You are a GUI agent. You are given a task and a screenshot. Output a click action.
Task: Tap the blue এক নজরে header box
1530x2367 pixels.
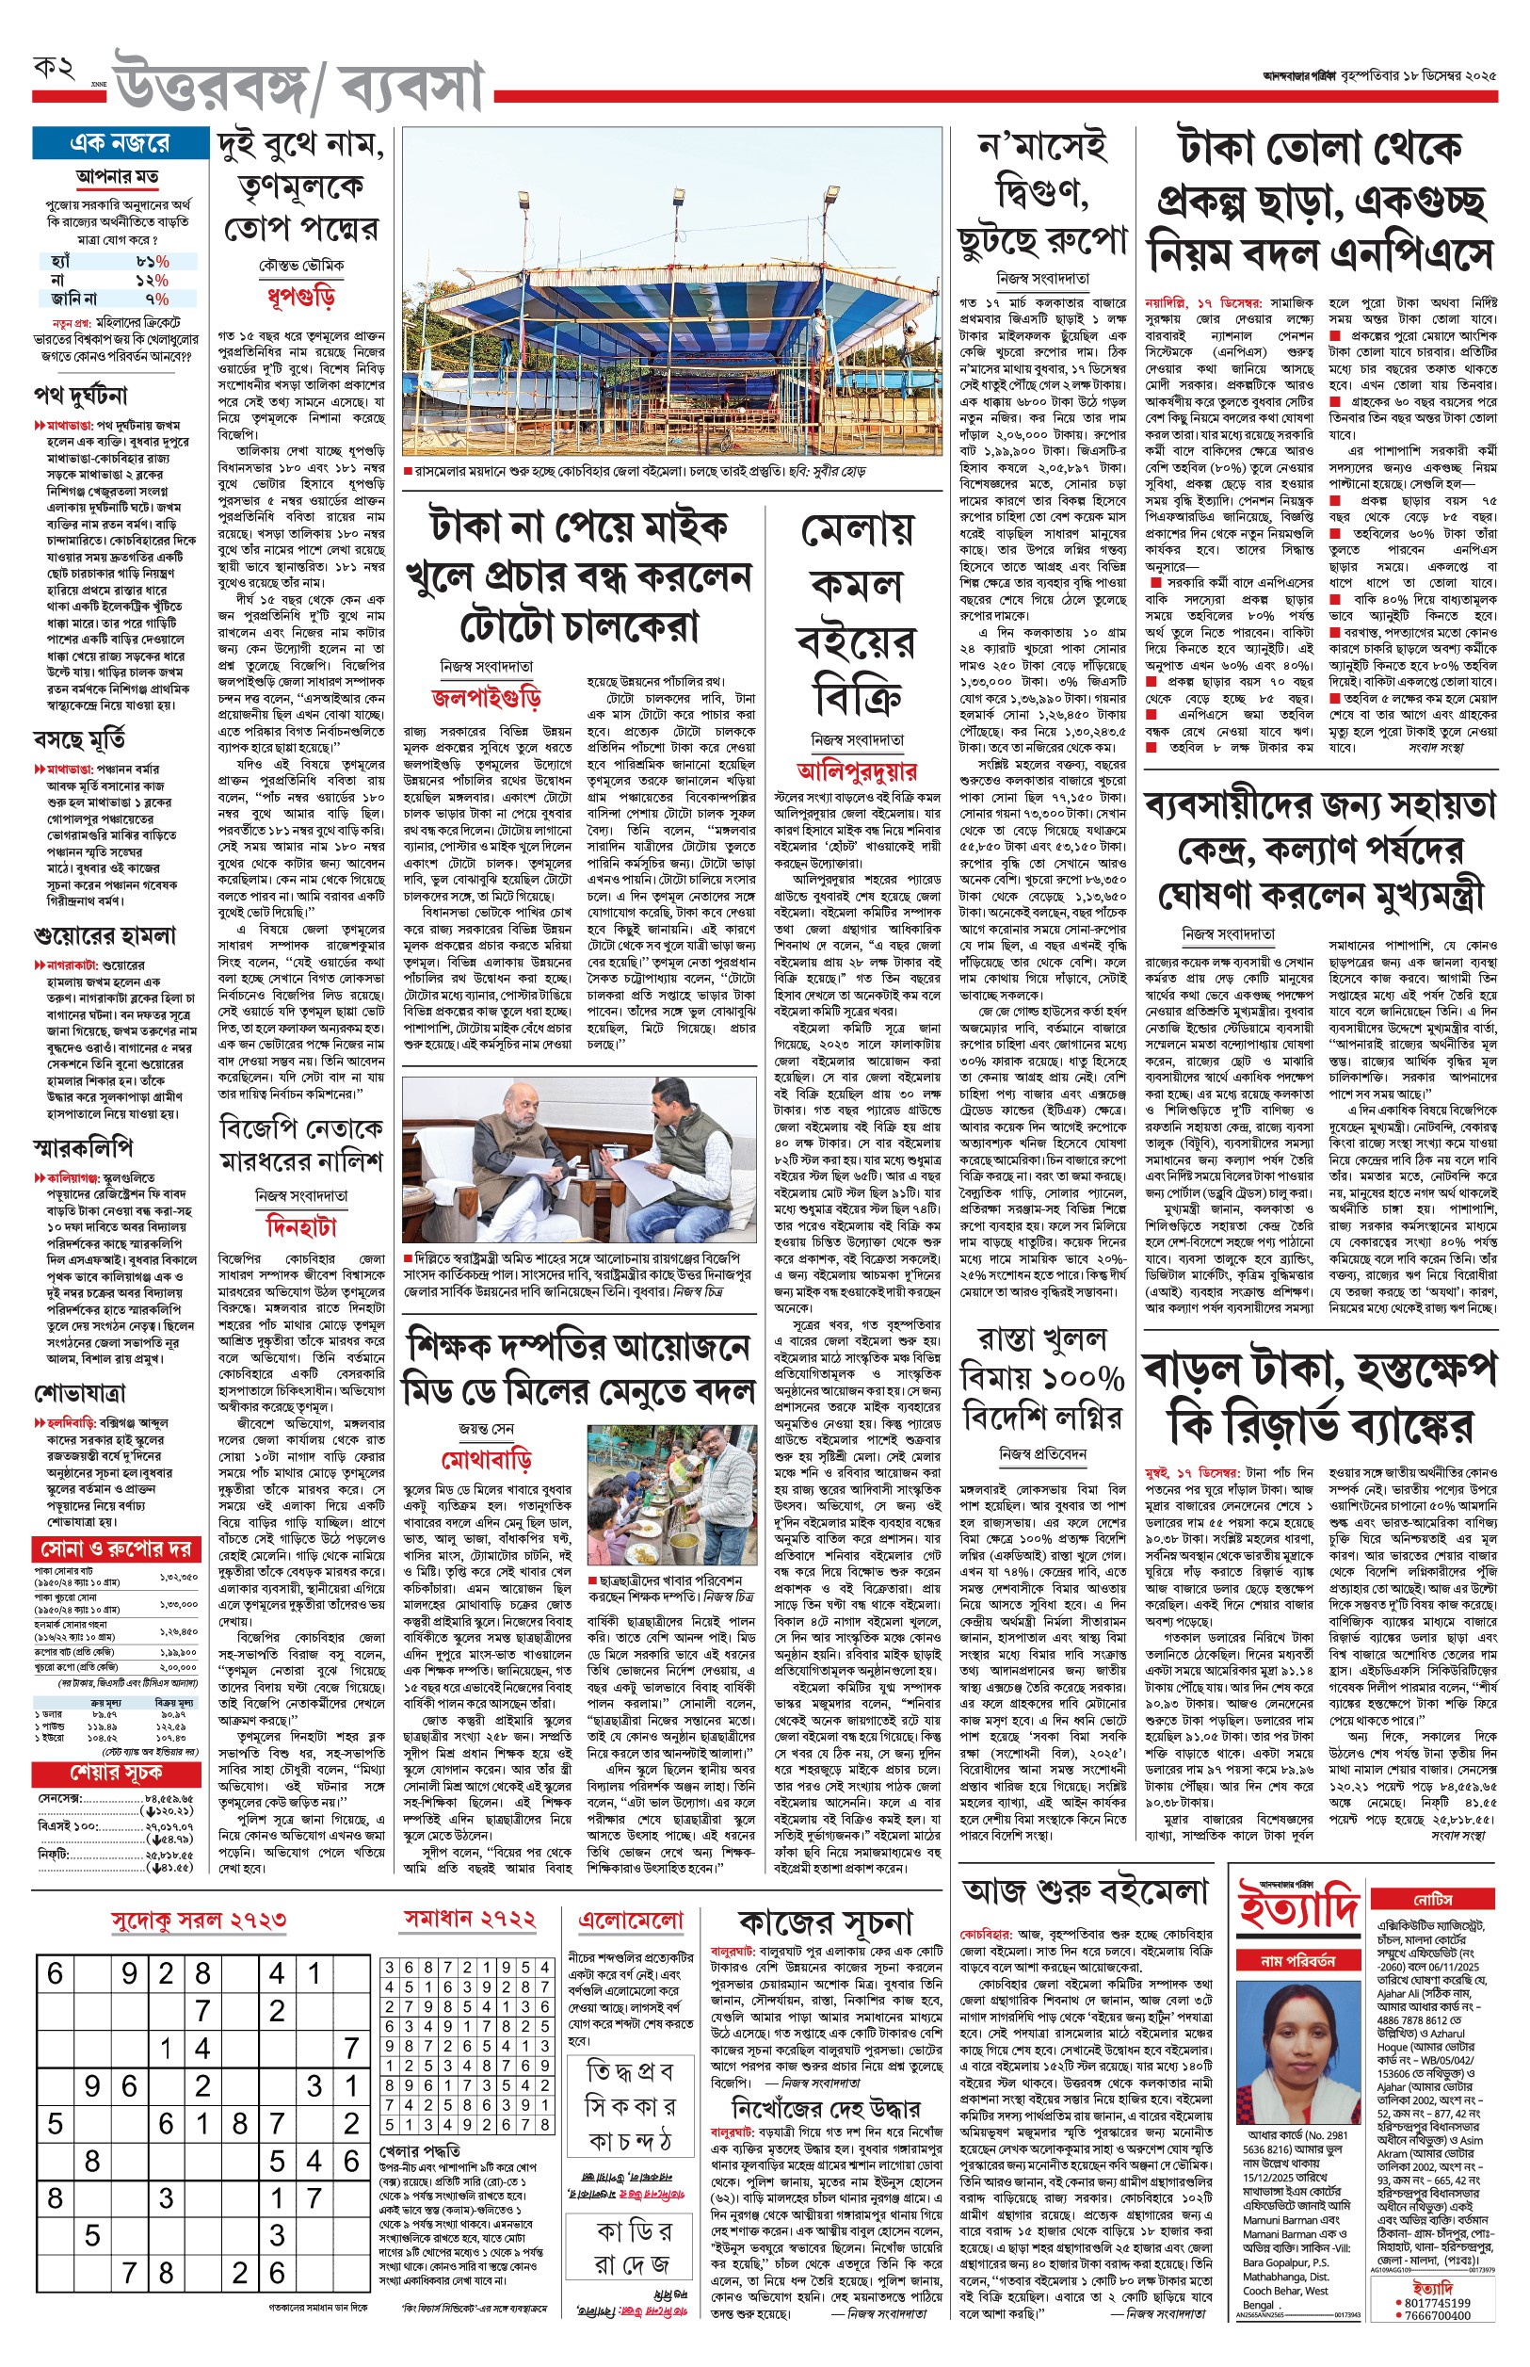(120, 143)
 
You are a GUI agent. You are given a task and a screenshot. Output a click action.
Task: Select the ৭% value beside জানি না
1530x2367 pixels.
(157, 298)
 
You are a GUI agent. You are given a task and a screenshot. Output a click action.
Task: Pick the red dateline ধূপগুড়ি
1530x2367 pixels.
(300, 296)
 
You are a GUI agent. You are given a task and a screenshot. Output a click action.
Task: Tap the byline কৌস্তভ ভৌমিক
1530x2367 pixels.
(301, 266)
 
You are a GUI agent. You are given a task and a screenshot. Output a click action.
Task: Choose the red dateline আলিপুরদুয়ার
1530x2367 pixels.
(857, 770)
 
